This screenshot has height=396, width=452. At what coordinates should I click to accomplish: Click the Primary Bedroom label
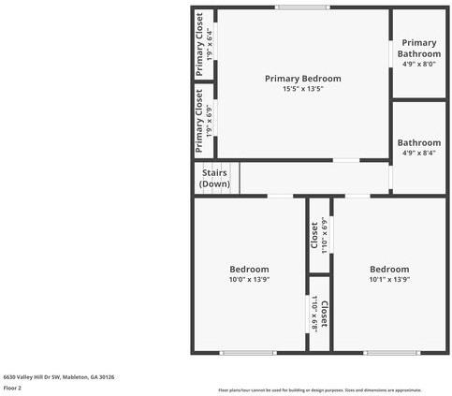302,78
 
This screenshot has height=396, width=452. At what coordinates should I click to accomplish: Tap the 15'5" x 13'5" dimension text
302,89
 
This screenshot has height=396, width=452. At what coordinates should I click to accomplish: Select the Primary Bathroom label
418,48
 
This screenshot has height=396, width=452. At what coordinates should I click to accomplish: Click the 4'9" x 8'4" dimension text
418,153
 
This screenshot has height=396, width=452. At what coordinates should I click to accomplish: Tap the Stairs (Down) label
214,178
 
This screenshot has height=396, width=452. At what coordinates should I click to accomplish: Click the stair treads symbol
232,178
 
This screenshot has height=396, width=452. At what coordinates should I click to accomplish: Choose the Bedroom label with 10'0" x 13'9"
249,269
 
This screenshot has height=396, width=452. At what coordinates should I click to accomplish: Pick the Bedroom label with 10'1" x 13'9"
388,269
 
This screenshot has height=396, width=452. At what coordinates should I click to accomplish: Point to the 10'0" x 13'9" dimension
249,279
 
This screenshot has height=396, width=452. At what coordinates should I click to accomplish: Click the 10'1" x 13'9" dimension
388,279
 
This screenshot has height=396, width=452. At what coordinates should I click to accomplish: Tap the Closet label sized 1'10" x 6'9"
314,235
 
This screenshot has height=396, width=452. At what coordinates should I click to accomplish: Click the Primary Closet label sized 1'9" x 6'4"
199,44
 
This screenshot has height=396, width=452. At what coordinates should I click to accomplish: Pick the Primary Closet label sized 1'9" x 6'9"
199,121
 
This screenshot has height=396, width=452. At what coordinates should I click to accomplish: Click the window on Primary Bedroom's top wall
301,7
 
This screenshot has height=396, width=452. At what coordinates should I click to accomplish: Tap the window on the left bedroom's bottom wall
248,353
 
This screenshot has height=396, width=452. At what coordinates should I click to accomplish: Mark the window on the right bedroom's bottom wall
390,353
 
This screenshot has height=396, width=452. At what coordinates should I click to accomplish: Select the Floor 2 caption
12,388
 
